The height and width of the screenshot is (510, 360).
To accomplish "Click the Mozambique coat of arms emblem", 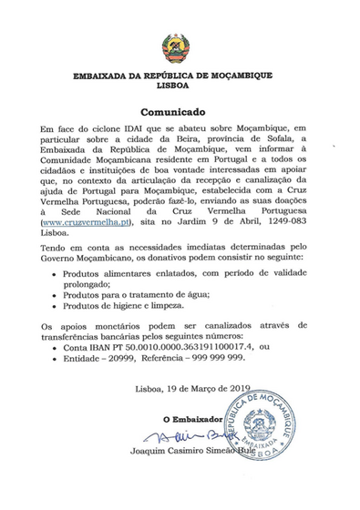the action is (x=180, y=48).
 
